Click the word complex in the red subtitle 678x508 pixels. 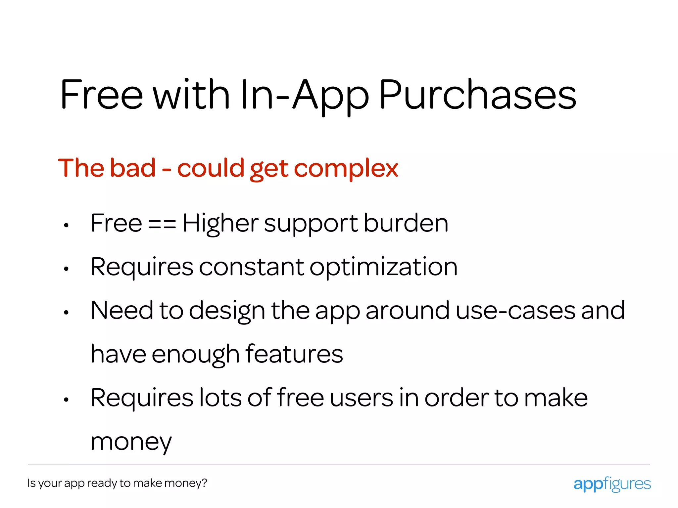click(346, 169)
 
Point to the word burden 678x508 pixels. click(406, 223)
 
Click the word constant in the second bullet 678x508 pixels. click(251, 267)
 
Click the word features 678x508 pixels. click(294, 354)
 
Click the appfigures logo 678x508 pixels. click(612, 484)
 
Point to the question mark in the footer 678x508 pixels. click(204, 483)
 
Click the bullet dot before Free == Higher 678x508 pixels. click(66, 226)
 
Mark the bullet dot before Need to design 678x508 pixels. click(66, 312)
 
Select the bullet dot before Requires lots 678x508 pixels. click(66, 400)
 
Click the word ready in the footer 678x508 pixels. click(102, 483)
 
